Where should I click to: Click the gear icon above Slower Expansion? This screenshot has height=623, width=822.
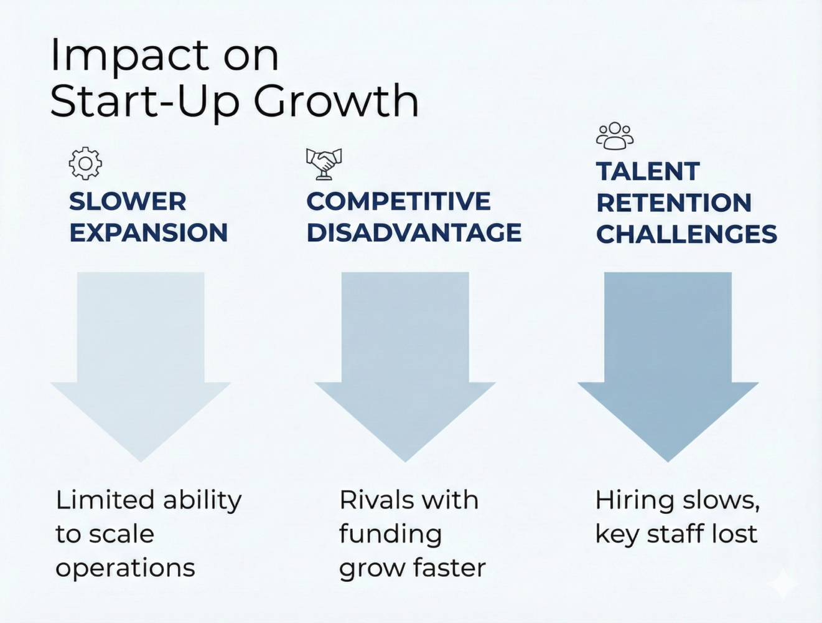(x=85, y=163)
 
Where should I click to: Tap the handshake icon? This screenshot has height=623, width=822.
(x=324, y=163)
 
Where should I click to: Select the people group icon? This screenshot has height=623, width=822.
(x=615, y=136)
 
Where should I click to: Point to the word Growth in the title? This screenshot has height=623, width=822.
(x=335, y=101)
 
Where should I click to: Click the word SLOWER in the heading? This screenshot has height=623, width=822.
(x=128, y=201)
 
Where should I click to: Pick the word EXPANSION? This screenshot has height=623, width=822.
(x=148, y=232)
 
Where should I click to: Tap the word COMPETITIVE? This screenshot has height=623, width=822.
(x=398, y=201)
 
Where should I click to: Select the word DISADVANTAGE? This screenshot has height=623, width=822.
(x=414, y=232)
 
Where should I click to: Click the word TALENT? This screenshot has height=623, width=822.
(x=648, y=171)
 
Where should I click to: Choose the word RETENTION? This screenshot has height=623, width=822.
(x=674, y=202)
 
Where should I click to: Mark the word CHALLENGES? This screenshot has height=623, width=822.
(x=686, y=234)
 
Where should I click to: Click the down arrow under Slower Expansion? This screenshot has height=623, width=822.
(x=141, y=361)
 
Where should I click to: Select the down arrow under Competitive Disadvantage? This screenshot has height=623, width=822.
(x=405, y=361)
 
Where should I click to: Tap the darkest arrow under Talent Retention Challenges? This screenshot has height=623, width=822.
(x=668, y=361)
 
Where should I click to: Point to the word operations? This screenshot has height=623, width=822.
(x=125, y=568)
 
